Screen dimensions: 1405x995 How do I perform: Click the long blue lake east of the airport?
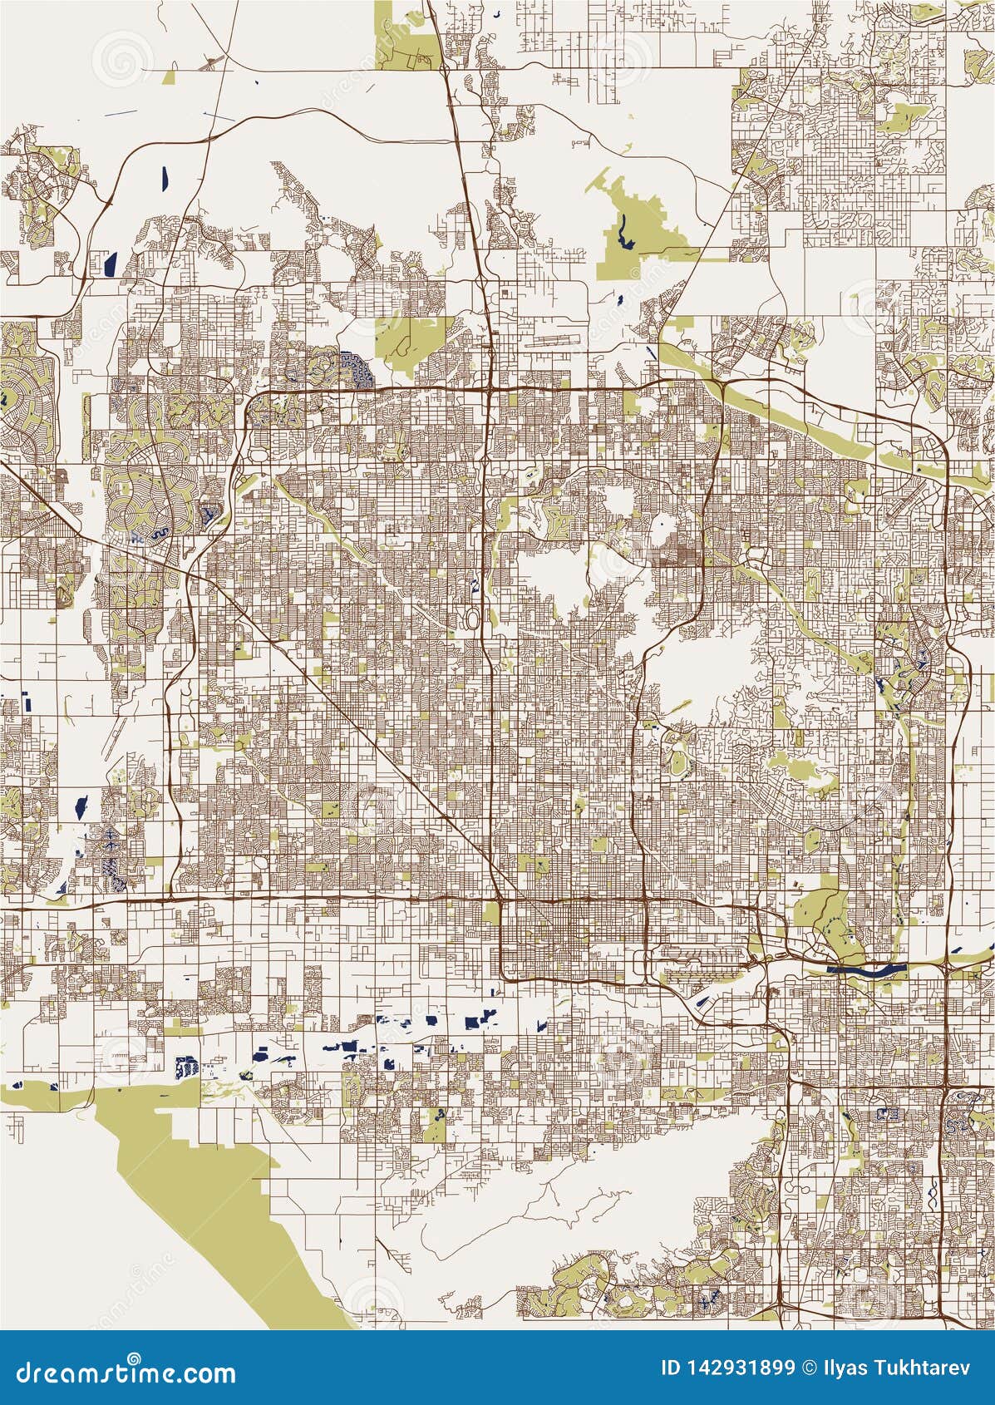coord(864,969)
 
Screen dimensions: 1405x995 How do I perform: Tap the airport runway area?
coord(707,956)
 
